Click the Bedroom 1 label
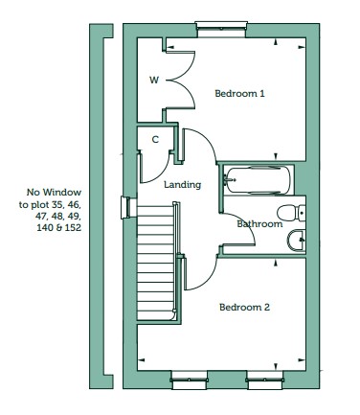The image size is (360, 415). pos(239,94)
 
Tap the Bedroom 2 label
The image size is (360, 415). pos(244,308)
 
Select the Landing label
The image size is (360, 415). pos(183,185)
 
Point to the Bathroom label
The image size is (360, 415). pos(259,223)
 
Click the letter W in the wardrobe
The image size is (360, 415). pos(154,80)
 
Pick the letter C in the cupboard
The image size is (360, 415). pos(155,140)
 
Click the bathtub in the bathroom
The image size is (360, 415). pos(258,180)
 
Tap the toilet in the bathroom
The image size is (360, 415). pos(291,213)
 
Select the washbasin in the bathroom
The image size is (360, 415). pos(297,241)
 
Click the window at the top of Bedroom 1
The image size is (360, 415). pos(221,29)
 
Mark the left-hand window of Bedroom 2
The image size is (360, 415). pos(189,380)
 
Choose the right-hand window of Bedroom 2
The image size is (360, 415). pos(265,380)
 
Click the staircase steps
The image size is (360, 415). pos(156,263)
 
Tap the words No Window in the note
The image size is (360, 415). pos(54,193)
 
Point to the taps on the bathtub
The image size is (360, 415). pos(229,180)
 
